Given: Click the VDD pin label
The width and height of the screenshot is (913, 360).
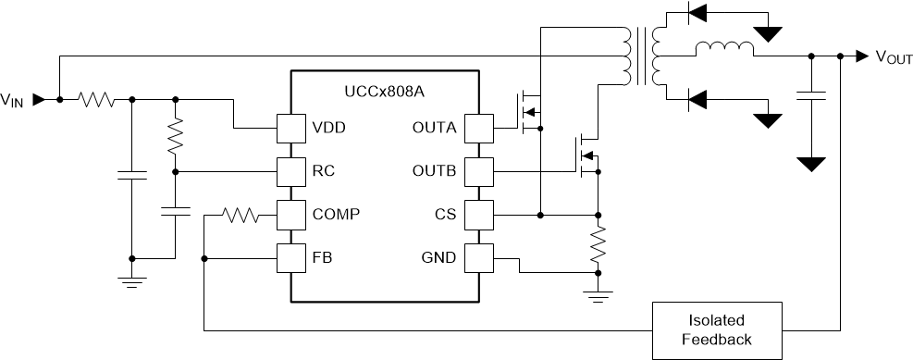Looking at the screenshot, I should (328, 128).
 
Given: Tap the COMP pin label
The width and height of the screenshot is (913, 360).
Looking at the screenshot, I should (336, 214).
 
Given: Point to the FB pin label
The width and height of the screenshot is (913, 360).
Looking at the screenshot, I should (321, 257).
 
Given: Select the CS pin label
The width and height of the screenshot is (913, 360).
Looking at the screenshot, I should (446, 214).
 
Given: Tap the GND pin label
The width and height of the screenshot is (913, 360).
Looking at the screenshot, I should (440, 257).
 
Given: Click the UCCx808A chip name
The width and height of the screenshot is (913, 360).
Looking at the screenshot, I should (386, 93).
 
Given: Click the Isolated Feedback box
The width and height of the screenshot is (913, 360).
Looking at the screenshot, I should (717, 329).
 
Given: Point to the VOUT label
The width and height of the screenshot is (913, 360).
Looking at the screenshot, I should (894, 57).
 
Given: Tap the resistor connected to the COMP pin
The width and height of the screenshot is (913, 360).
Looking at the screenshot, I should (241, 215).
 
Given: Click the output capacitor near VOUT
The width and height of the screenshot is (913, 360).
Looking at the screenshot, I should (811, 95).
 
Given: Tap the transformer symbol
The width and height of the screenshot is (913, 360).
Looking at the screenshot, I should (641, 56).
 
